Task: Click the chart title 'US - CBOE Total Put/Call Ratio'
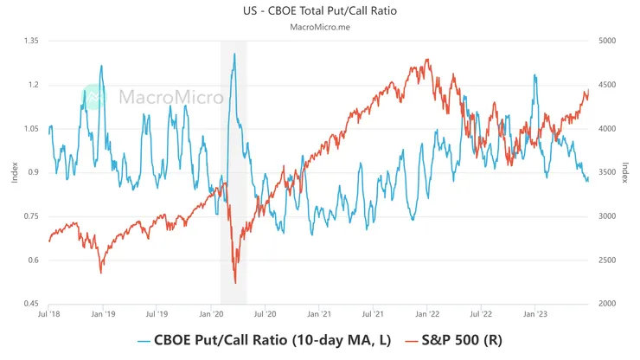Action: tap(319, 11)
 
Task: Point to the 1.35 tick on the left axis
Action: tap(31, 41)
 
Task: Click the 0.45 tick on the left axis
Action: tap(31, 304)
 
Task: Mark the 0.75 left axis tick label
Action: tap(31, 216)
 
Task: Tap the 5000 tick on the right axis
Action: tap(607, 41)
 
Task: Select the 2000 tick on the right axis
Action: tap(607, 304)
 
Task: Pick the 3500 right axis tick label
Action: tap(607, 172)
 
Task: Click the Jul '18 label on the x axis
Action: tap(49, 316)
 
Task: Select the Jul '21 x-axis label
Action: tap(374, 316)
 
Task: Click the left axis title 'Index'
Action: tap(13, 172)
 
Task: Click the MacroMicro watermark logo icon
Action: tap(94, 96)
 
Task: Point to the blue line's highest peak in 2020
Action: tap(234, 54)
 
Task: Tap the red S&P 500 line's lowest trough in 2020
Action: tap(235, 282)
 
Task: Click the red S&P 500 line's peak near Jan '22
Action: tap(427, 61)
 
